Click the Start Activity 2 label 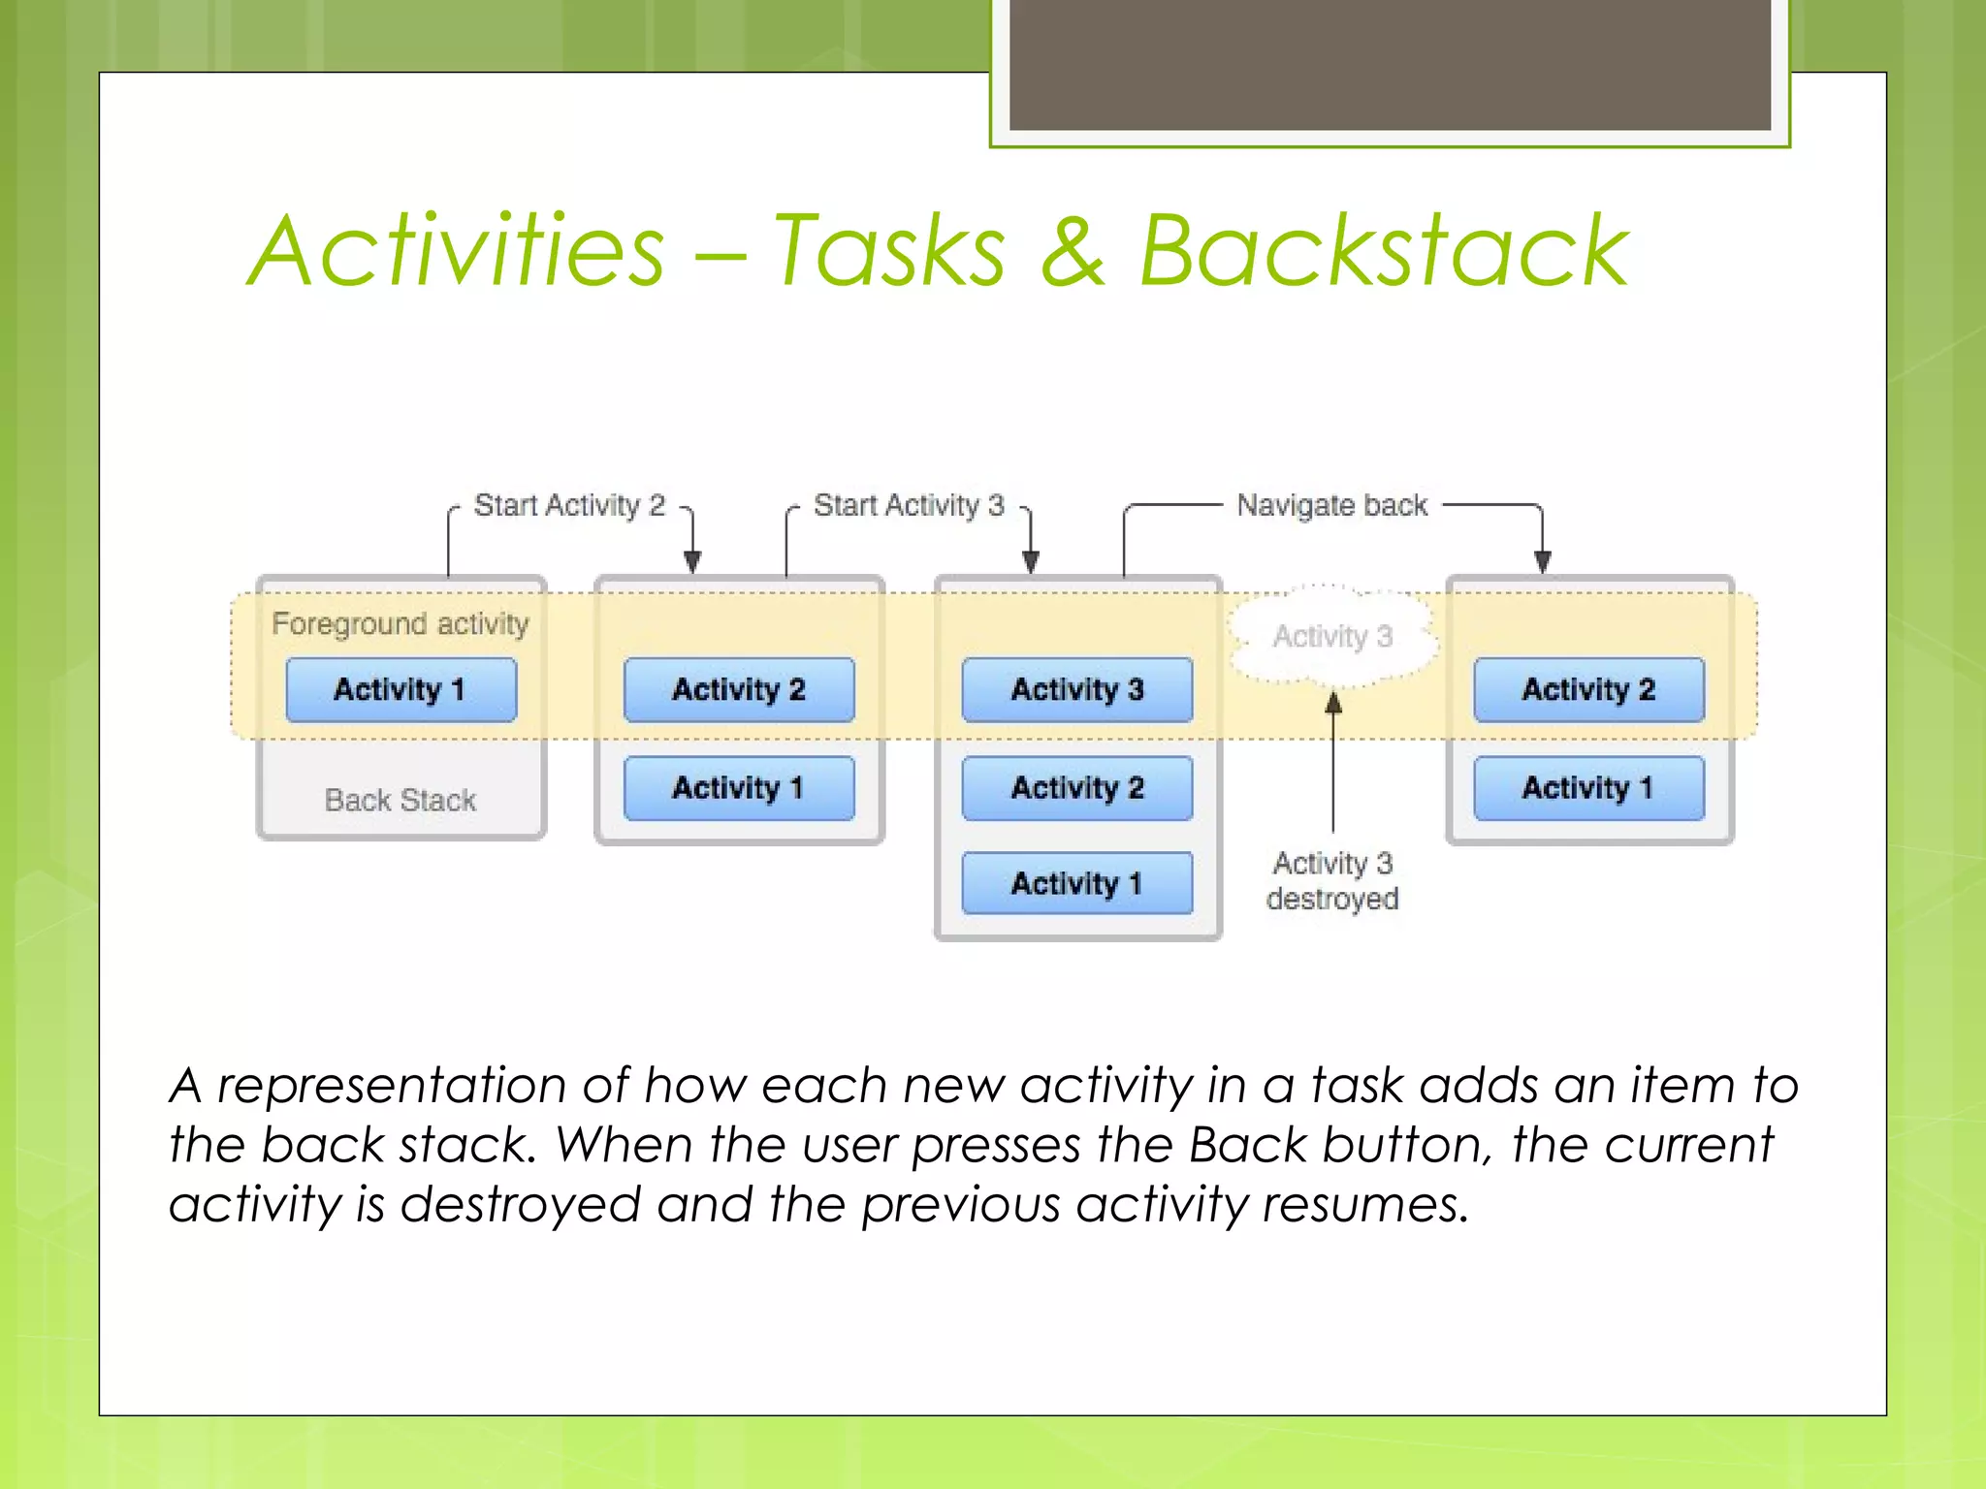(569, 505)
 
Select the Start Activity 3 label (909, 505)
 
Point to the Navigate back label (1331, 505)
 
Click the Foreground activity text (400, 623)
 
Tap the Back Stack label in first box (400, 800)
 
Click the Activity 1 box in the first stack (400, 689)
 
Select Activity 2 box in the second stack (739, 689)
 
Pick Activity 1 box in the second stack (739, 787)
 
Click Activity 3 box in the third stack (1077, 689)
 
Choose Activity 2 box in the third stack (1077, 787)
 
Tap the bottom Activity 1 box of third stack (1077, 883)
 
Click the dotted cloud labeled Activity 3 (1332, 637)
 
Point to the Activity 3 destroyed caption (1332, 880)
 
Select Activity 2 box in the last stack (1588, 689)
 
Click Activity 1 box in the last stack (1588, 787)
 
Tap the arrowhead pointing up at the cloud (1333, 702)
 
